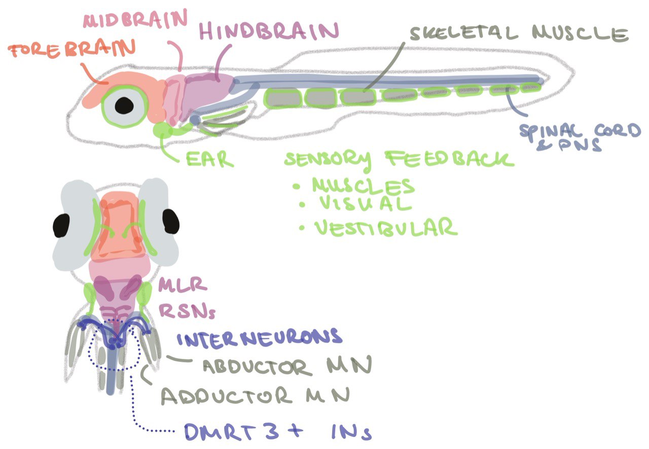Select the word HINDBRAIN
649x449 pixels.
tap(268, 31)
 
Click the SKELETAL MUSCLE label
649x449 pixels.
tap(518, 34)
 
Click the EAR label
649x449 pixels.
tap(209, 159)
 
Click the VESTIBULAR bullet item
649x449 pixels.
tap(385, 228)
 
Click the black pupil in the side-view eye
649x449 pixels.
tap(125, 105)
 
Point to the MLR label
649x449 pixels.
tap(183, 286)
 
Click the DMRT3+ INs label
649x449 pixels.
tap(277, 431)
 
